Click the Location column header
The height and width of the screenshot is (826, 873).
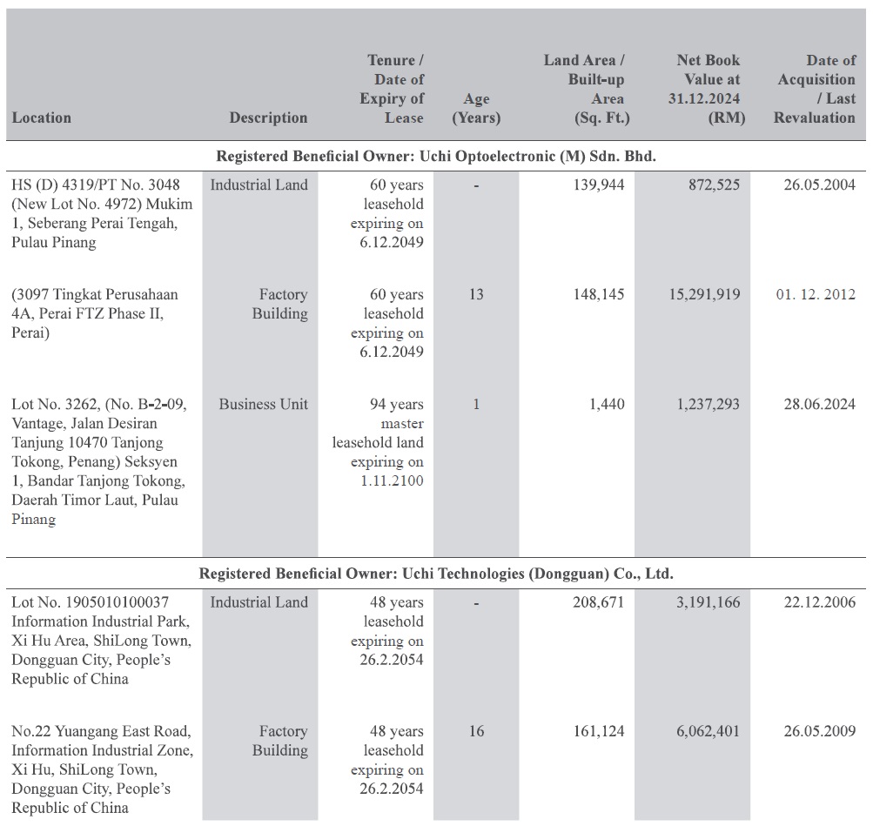point(42,118)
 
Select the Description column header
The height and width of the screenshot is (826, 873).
point(268,118)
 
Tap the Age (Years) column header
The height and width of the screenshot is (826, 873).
point(476,108)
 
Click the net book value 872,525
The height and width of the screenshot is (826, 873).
point(715,185)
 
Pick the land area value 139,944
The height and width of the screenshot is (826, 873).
point(599,185)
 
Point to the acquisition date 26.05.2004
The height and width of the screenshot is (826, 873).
point(820,185)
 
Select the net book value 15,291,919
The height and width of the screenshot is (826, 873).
point(704,294)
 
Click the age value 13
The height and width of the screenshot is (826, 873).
point(476,294)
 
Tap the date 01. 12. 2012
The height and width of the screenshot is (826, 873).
point(816,294)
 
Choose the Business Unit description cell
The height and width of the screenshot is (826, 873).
point(264,404)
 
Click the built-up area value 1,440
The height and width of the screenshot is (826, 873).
point(607,404)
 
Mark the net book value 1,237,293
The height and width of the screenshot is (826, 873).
point(708,404)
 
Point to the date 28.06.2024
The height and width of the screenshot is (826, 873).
point(820,404)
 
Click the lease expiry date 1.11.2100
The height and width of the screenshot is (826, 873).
point(392,480)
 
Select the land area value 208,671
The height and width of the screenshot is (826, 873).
point(599,602)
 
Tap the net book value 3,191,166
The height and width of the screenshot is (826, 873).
point(708,602)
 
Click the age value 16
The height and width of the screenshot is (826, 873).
point(476,731)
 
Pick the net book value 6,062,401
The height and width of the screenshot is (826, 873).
point(708,731)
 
